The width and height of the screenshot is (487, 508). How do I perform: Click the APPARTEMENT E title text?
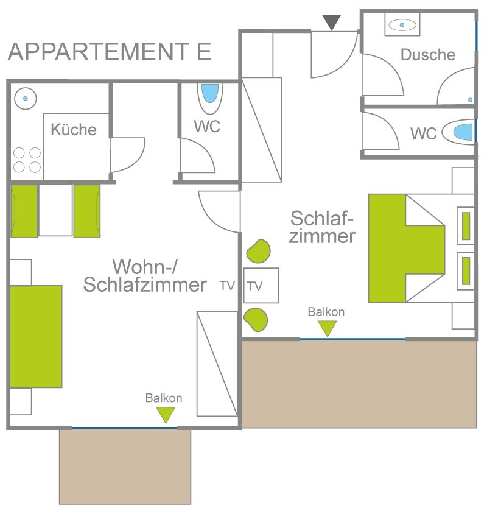point(110,52)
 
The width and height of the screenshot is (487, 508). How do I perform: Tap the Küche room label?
point(74,130)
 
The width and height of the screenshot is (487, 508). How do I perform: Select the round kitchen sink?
point(25,99)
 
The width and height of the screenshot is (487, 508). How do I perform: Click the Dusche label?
point(428,55)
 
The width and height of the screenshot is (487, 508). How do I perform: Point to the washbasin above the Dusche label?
point(402,24)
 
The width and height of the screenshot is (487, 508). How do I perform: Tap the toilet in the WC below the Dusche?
point(459,132)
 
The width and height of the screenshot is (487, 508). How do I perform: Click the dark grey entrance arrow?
point(332,23)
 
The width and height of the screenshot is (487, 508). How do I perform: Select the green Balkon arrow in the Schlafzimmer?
point(328,328)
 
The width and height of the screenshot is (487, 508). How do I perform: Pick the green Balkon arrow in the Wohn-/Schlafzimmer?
point(166,415)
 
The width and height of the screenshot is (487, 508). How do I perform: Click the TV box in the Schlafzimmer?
point(261,286)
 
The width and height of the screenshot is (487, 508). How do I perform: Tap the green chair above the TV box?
point(258,251)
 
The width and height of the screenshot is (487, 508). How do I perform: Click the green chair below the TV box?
point(256,319)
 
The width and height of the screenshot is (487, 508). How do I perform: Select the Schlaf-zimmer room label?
point(322,227)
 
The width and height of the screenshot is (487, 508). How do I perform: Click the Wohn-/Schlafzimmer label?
point(145,276)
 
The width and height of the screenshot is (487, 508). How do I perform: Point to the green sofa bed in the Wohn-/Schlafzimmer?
point(36,336)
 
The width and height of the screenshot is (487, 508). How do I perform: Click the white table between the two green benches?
point(55,210)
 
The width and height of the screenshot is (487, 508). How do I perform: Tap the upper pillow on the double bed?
point(466,226)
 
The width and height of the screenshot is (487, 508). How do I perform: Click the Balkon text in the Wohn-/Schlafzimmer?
point(164,398)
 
